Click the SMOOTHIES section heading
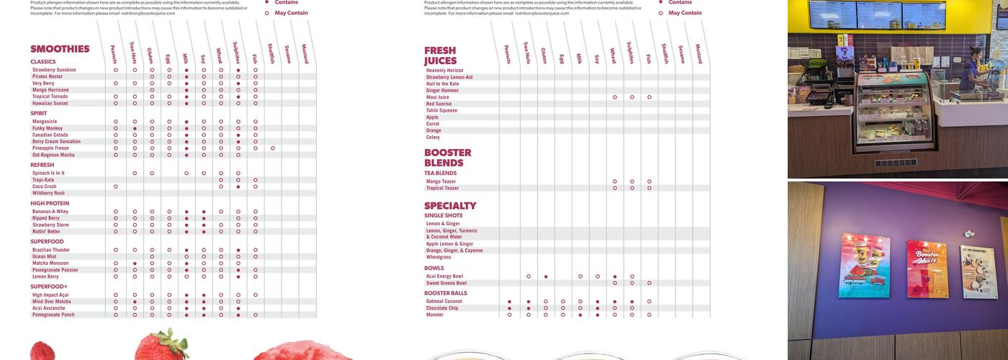point(60,49)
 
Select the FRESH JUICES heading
point(440,55)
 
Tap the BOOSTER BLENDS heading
point(447,158)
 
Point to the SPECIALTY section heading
point(450,206)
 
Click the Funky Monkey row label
point(48,128)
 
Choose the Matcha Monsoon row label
point(50,264)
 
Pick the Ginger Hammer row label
point(442,90)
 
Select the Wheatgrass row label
point(439,257)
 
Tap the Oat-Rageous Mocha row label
point(53,155)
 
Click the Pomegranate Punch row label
point(53,315)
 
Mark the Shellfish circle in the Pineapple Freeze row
point(273,148)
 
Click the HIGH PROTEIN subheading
point(50,203)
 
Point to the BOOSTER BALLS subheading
point(446,293)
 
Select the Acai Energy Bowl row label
point(444,276)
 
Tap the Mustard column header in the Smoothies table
point(305,54)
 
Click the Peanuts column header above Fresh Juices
point(508,54)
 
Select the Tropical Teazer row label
point(442,188)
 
